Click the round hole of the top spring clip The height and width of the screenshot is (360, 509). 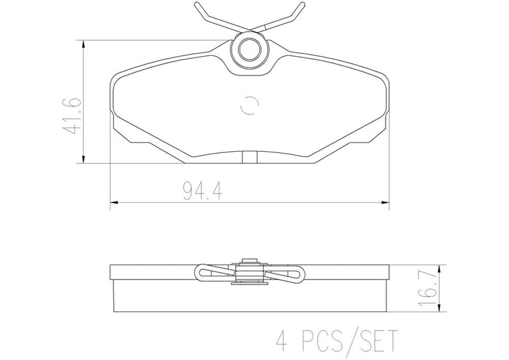click(x=249, y=50)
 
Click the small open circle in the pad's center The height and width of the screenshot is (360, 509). click(x=249, y=105)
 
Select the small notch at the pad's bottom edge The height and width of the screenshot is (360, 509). click(x=249, y=157)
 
